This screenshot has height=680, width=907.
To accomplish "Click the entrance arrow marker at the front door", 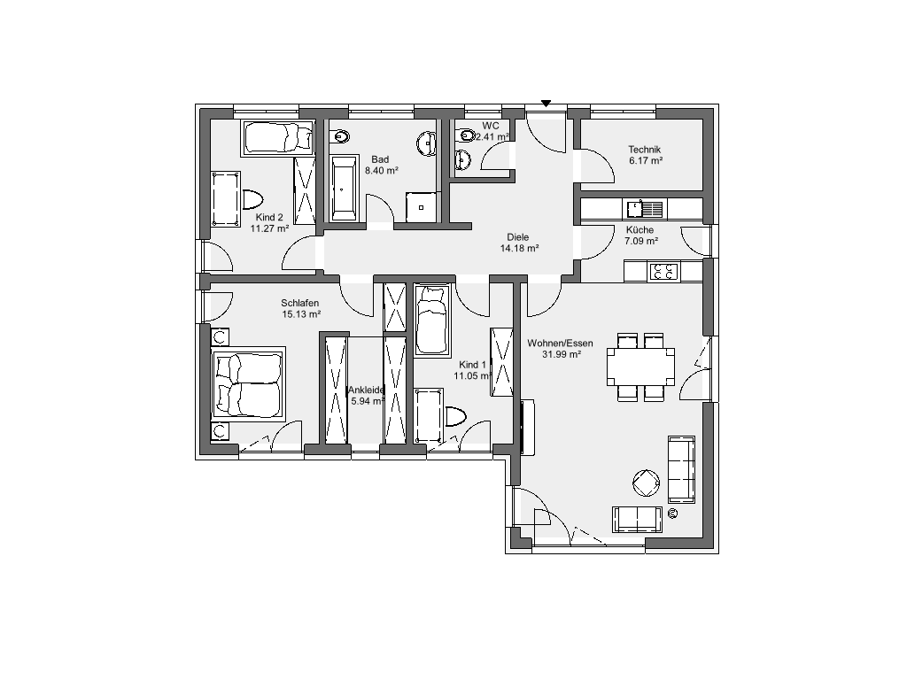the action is click(x=546, y=104).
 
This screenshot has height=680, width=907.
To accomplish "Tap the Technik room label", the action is click(x=645, y=149).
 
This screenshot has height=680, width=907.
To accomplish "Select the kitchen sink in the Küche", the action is click(x=645, y=207).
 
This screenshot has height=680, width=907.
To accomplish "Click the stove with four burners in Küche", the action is click(x=664, y=271).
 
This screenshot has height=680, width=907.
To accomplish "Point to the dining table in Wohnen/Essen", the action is click(x=640, y=367).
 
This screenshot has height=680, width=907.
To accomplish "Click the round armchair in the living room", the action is click(x=646, y=483).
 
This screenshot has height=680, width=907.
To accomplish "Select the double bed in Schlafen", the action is click(x=249, y=384).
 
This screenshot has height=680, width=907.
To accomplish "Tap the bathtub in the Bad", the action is click(x=344, y=189).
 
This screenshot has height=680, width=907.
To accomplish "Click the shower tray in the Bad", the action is click(x=422, y=207).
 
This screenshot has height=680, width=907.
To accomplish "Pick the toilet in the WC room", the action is click(x=464, y=135).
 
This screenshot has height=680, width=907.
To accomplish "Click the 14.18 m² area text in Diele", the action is click(x=519, y=248).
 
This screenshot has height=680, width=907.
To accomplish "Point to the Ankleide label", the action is click(x=366, y=390).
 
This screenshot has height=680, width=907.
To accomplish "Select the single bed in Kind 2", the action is click(x=277, y=137).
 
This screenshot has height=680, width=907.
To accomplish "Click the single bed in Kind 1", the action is click(x=432, y=319).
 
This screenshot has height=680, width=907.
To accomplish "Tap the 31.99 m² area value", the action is click(x=561, y=354).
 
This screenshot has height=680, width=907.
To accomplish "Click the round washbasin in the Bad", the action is click(x=428, y=143).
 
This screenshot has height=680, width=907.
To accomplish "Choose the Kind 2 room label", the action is click(x=269, y=218).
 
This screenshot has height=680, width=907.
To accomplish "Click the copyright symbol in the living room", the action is click(x=672, y=513).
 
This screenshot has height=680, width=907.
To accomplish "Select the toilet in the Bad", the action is click(x=339, y=136).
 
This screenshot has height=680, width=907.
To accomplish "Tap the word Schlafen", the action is click(x=299, y=303).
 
